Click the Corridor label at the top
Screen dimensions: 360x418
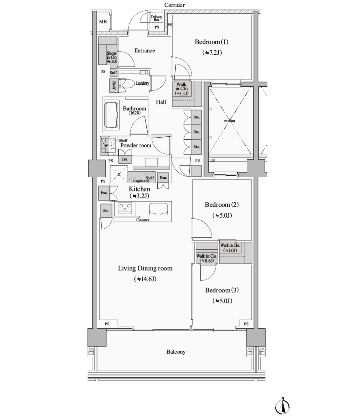coord(174,5)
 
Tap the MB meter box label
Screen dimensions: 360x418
coord(103,22)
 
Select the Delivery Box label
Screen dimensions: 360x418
coord(156,18)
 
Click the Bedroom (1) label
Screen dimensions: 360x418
coord(212,42)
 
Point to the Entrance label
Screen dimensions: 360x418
coord(144,51)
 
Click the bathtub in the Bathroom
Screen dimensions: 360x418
coord(112,115)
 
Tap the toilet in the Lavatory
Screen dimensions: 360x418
coord(127,84)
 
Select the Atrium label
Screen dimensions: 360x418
coord(229,121)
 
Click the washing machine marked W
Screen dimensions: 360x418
coord(108,146)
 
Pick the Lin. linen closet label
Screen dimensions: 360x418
coord(125,159)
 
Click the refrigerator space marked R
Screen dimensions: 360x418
coord(119,174)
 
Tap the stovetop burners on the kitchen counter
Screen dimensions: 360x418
coord(125,208)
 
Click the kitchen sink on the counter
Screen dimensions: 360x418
coord(158,209)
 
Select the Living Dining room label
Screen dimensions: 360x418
coord(145,268)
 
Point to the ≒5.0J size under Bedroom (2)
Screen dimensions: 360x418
coord(222,215)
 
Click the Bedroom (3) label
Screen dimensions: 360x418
coord(222,290)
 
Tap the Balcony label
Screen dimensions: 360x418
coord(176,352)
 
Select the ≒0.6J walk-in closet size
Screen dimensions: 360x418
coord(207,261)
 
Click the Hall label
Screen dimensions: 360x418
coord(161,102)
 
